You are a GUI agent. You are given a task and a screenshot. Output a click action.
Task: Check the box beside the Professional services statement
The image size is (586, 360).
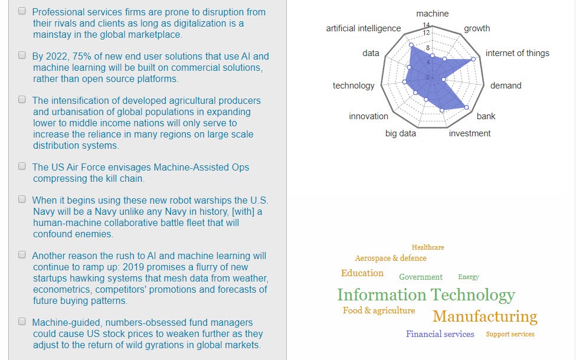tap(22, 11)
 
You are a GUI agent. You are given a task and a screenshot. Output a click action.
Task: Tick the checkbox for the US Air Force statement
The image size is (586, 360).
tap(22, 166)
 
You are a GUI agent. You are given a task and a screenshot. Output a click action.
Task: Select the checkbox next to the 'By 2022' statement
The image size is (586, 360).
tap(22, 55)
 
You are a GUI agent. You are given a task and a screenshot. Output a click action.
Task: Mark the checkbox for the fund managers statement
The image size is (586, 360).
tap(22, 322)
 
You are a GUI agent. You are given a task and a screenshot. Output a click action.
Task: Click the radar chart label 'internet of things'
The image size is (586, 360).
tap(517, 53)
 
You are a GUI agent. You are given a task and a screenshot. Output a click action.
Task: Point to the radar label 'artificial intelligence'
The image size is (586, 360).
tap(364, 28)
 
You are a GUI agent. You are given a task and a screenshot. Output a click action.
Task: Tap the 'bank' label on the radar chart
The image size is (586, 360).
tap(486, 116)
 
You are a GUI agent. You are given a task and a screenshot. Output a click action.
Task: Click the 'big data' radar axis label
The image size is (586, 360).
tap(400, 133)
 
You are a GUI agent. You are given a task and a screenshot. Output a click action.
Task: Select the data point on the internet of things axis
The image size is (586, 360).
tap(473, 59)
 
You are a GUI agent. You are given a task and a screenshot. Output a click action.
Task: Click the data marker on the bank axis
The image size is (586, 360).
tap(466, 107)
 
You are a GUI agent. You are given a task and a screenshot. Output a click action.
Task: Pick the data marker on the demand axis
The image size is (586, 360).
tap(444, 80)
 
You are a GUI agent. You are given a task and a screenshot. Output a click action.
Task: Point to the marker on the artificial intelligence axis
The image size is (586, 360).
tap(411, 45)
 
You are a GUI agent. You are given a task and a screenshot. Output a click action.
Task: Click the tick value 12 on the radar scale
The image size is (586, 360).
tap(426, 33)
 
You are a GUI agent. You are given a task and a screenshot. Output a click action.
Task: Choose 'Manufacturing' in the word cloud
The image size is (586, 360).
tap(485, 317)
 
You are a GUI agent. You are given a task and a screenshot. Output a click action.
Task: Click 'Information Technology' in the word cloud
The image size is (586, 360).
tap(426, 295)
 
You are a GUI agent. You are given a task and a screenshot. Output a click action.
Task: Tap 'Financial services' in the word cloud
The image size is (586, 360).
tap(440, 334)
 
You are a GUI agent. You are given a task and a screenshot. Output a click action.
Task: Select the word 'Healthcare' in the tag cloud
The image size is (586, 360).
tap(428, 247)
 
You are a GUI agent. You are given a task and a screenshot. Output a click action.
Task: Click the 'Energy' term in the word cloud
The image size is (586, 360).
tap(469, 277)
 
